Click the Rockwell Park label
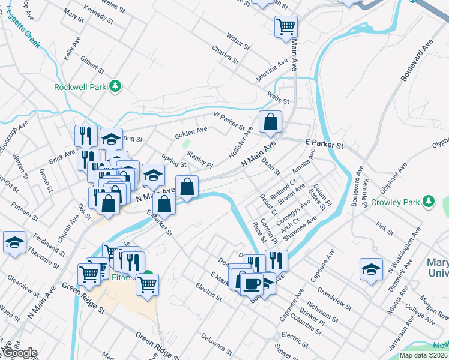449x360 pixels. pyautogui.click(x=80, y=87)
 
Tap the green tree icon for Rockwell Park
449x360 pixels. pyautogui.click(x=115, y=87)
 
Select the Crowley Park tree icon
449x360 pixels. pyautogui.click(x=429, y=200)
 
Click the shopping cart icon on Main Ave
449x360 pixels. pyautogui.click(x=286, y=26)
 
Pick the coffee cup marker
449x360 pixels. pyautogui.click(x=252, y=282)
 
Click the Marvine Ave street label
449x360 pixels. pyautogui.click(x=271, y=71)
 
